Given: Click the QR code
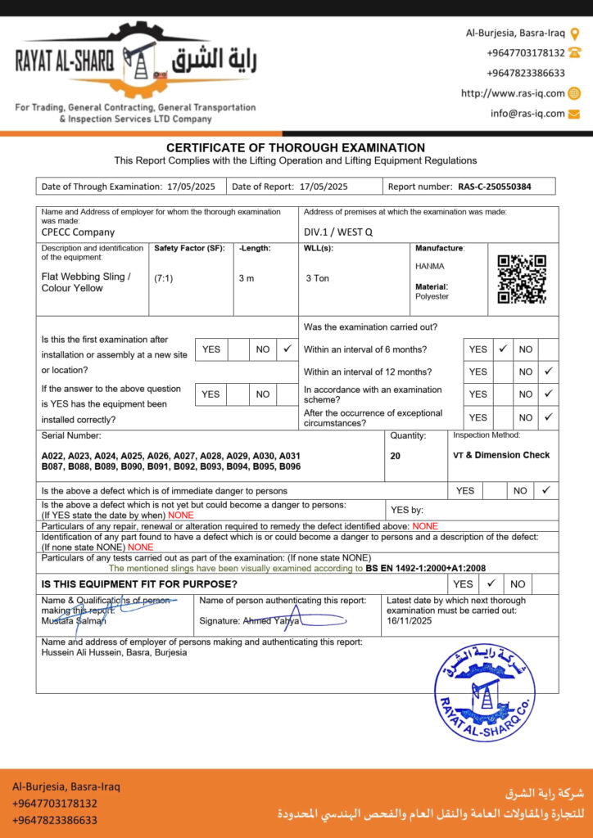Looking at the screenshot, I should pyautogui.click(x=522, y=280).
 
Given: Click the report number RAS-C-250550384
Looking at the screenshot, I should pyautogui.click(x=494, y=187).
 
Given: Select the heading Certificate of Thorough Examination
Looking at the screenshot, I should pyautogui.click(x=296, y=147).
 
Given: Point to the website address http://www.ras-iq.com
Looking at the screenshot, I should pyautogui.click(x=513, y=93).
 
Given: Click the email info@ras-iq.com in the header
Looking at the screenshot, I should pyautogui.click(x=528, y=114).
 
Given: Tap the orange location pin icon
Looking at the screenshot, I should pyautogui.click(x=575, y=34).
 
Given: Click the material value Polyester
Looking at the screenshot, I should pyautogui.click(x=432, y=296).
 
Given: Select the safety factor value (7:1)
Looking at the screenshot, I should pyautogui.click(x=164, y=278).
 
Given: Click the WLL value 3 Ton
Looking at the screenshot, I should pyautogui.click(x=318, y=278).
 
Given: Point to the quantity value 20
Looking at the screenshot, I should pyautogui.click(x=396, y=456).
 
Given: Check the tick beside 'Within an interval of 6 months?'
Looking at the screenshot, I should pyautogui.click(x=504, y=349).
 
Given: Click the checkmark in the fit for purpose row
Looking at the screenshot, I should pyautogui.click(x=491, y=583).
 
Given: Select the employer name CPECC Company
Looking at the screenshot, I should pyautogui.click(x=78, y=232).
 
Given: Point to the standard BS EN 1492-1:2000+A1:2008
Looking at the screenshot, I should pyautogui.click(x=426, y=567).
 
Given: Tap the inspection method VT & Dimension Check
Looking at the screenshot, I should pyautogui.click(x=501, y=455).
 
